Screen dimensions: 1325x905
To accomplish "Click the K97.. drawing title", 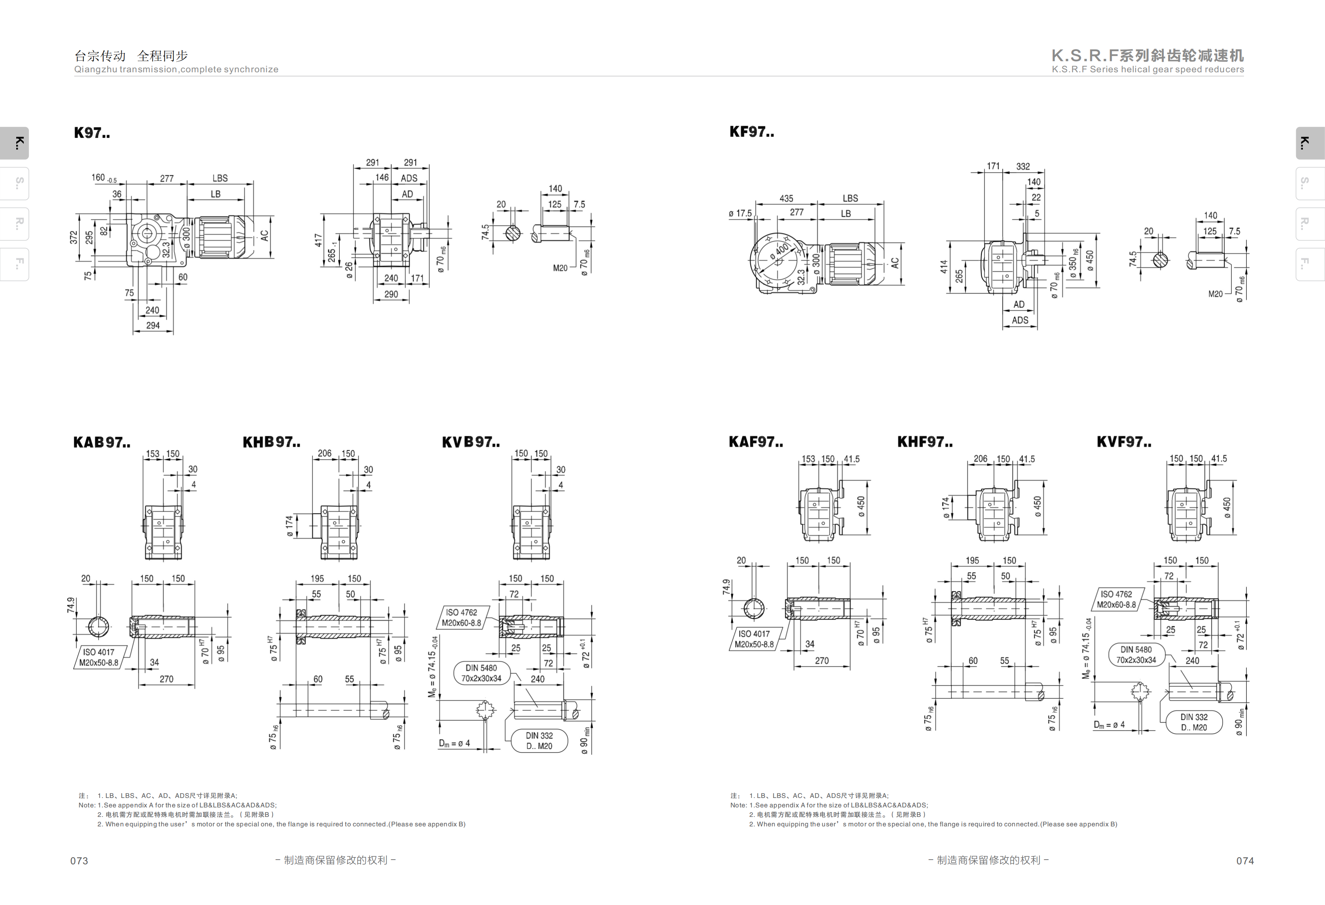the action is point(92,133).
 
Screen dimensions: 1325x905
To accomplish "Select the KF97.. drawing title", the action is point(751,132).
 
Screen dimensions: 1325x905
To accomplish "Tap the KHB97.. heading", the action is point(271,442).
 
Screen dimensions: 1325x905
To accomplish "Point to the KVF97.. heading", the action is point(1124,442).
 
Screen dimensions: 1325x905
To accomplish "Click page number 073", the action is point(79,860).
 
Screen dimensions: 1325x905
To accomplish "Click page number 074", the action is point(1245,860).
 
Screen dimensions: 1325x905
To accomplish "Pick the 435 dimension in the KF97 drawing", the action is point(786,198).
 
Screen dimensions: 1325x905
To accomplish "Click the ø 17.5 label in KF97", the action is point(740,213).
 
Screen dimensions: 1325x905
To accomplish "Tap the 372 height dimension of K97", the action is point(73,237).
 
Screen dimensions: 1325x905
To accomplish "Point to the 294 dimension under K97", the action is point(153,325).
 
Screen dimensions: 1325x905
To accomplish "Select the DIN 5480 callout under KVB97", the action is point(481,673).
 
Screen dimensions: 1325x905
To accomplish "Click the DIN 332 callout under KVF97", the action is point(1194,722).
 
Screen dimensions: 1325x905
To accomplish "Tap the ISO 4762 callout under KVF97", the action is point(1116,599).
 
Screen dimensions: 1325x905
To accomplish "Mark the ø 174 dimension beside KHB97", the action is point(289,526).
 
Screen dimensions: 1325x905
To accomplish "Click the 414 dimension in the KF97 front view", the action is point(943,267).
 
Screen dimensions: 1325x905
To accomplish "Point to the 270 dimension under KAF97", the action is point(822,661).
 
